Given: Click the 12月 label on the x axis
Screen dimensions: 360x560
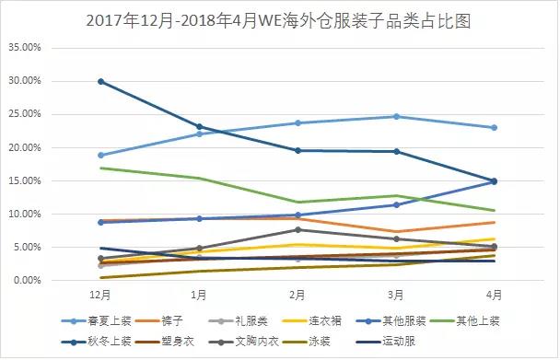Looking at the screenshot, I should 101,295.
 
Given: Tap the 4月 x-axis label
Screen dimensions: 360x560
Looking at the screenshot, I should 495,295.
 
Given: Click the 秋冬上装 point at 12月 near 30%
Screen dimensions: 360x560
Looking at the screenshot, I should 101,81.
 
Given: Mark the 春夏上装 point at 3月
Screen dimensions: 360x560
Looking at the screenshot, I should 397,116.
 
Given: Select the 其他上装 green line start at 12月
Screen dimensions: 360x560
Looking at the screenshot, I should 101,168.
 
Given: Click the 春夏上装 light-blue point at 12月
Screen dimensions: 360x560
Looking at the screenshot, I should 101,155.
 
